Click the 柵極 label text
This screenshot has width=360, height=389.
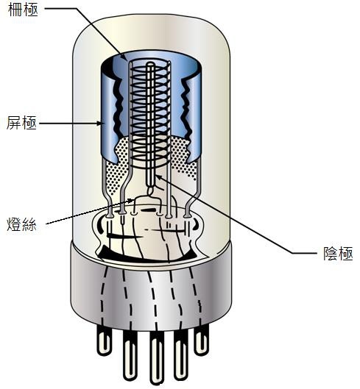coord(23,10)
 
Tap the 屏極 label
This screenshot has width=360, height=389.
coord(21,123)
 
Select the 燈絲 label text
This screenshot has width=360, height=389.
coord(21,224)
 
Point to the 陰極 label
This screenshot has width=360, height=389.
coord(338,253)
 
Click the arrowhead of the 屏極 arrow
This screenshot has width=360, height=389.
coord(99,123)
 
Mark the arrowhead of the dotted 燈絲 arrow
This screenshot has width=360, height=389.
coord(132,200)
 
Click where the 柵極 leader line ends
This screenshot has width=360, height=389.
coord(127,60)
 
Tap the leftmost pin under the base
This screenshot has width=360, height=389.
coord(103,340)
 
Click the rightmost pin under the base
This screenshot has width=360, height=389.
coord(202,340)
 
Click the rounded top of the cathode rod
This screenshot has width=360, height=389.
coord(149,65)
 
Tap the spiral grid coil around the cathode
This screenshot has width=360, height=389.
coord(151,114)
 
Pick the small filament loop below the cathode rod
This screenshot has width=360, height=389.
coord(151,190)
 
